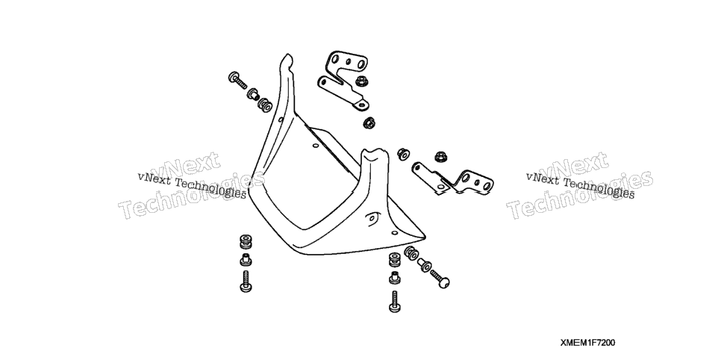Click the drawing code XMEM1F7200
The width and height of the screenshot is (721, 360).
coord(587,343)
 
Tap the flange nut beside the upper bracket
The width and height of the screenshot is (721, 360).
coord(360,81)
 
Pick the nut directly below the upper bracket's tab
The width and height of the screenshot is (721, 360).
coord(369,122)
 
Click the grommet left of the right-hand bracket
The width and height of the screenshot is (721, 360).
coord(403,154)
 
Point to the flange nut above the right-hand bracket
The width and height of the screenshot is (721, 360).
coord(441,157)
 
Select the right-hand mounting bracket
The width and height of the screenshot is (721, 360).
coord(453,179)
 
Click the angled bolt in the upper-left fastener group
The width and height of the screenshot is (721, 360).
coord(237,80)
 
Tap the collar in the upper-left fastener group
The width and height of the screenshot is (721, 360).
coord(253,94)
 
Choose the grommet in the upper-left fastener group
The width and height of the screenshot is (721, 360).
coord(265,105)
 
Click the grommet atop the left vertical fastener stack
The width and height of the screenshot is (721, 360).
coord(246,242)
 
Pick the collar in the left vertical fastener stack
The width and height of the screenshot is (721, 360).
coord(246,260)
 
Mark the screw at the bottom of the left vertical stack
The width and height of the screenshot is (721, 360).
coord(246,282)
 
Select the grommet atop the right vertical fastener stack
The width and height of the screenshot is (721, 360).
coord(395,259)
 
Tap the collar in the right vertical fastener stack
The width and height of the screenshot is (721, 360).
coord(395,277)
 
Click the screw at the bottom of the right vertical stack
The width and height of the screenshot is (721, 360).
coord(395,302)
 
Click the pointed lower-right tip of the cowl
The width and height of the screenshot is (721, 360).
coord(425,238)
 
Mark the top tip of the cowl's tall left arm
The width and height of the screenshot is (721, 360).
coord(287,55)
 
